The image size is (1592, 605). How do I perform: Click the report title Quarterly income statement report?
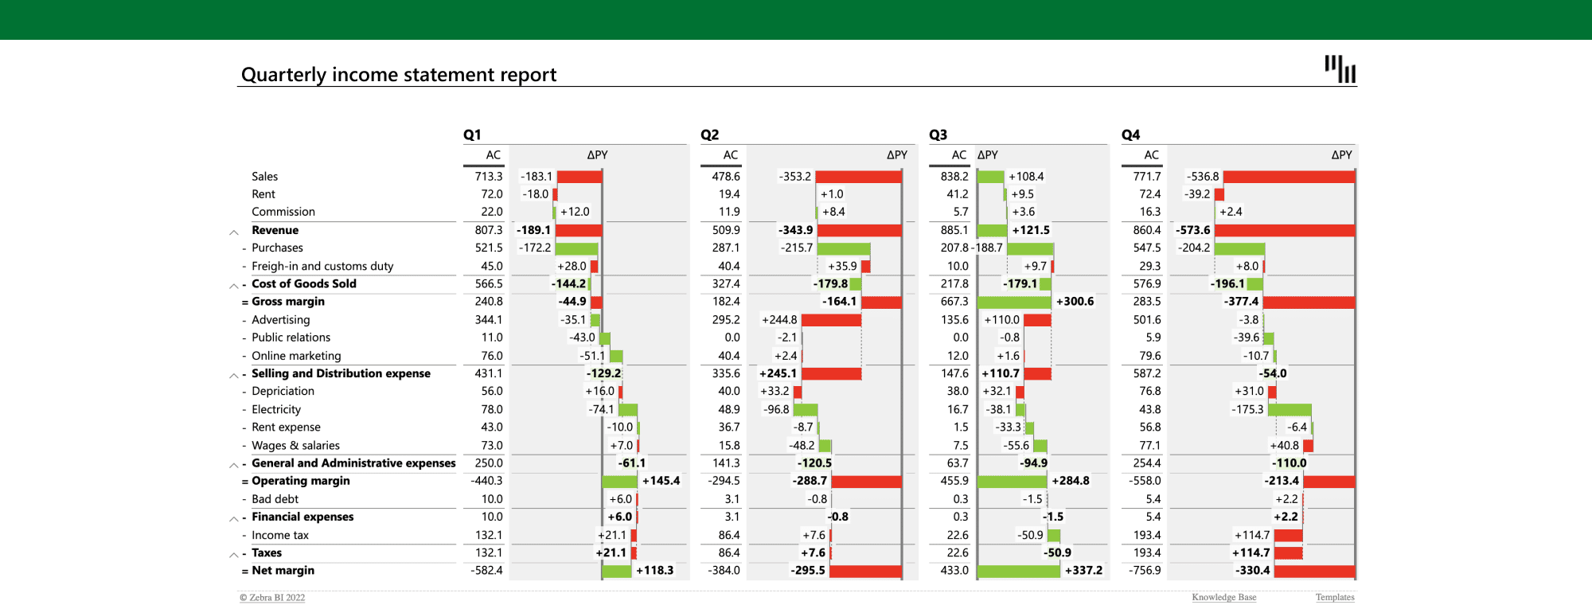click(398, 75)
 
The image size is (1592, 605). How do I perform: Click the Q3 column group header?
click(938, 135)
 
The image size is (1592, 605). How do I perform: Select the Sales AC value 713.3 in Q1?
click(488, 177)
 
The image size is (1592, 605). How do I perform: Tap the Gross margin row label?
click(288, 302)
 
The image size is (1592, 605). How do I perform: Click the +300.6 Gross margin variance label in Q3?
click(1075, 302)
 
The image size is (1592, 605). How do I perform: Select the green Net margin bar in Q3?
click(1018, 571)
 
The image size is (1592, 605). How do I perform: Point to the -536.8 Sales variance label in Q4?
click(1202, 177)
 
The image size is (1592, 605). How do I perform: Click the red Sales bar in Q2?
click(858, 177)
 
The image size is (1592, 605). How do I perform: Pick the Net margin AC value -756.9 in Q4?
click(1145, 571)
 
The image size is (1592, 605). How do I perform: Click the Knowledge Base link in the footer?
click(1223, 597)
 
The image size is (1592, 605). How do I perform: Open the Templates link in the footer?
click(1334, 597)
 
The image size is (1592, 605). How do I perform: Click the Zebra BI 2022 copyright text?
click(272, 598)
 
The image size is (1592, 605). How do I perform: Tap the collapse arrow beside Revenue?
click(234, 232)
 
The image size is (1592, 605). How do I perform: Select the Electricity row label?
click(276, 409)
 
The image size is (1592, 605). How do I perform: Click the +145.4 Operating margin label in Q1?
click(661, 481)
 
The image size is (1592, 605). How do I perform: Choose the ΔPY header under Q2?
click(896, 155)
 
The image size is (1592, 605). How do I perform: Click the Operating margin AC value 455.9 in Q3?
click(954, 481)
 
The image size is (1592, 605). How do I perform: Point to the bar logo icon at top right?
click(1340, 68)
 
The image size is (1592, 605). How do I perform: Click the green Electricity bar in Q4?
click(1289, 410)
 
